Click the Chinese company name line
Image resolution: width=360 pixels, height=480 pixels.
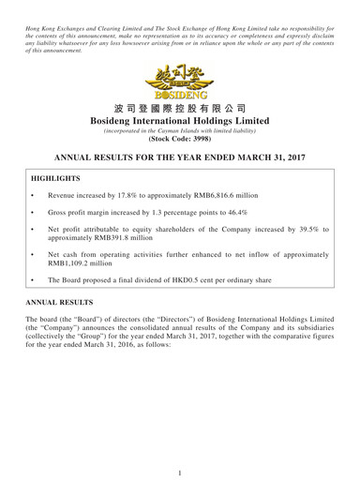click(x=179, y=109)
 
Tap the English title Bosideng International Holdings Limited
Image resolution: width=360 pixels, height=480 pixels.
click(x=179, y=124)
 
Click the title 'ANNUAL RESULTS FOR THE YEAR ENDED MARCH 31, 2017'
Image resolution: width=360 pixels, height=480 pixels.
click(x=179, y=163)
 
